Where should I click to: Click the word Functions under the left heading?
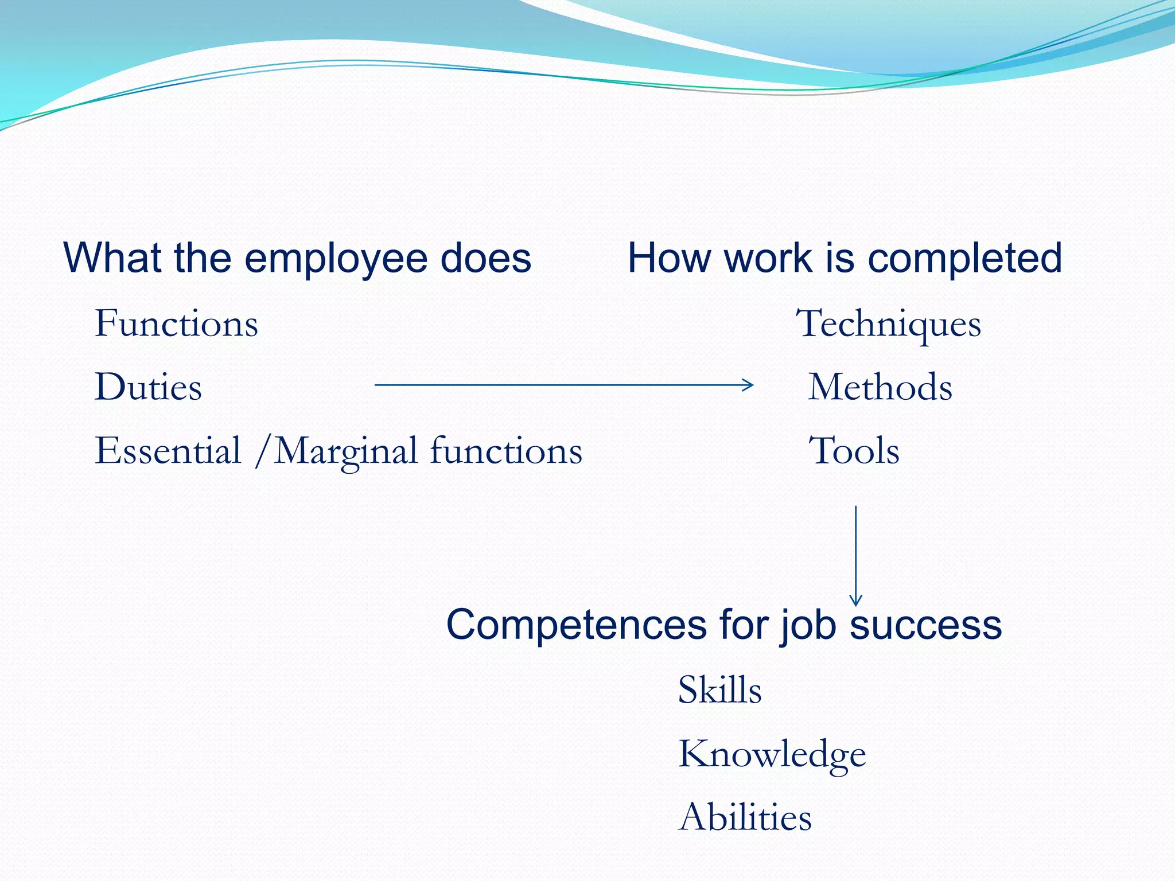tap(176, 323)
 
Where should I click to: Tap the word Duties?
tap(148, 387)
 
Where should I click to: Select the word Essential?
tap(168, 451)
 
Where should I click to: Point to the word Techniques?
tap(889, 325)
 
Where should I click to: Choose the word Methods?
tap(880, 387)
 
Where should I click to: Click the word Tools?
tap(854, 451)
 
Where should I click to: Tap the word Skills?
tap(719, 689)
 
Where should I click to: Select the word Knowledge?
tap(772, 754)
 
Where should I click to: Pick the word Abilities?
tap(745, 817)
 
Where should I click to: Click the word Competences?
tap(576, 625)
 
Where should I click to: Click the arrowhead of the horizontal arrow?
tap(749, 385)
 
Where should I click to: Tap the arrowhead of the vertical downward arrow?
tap(855, 601)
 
